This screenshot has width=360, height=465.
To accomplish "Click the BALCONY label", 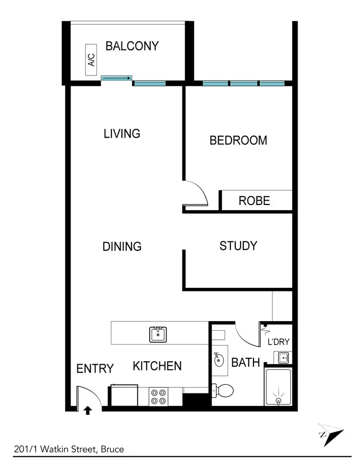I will (x=132, y=46).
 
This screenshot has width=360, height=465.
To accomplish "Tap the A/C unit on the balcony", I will (x=92, y=60).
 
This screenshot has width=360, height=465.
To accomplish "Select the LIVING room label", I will (x=122, y=133).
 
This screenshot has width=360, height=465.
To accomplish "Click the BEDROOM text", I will (x=238, y=140).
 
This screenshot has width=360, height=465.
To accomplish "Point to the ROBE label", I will (x=254, y=201).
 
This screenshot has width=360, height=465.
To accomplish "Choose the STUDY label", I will (x=238, y=246).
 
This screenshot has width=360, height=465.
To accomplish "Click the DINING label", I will (x=122, y=246).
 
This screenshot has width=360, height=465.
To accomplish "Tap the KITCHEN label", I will (x=157, y=366).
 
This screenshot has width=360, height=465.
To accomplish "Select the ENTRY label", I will (x=95, y=369).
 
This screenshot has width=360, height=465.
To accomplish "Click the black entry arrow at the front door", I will (x=88, y=410).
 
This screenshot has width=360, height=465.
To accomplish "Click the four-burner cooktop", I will (x=158, y=396).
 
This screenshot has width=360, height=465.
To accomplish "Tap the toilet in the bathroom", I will (x=223, y=391).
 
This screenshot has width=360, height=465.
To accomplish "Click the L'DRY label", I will (x=278, y=342).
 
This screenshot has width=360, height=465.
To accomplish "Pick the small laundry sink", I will (x=281, y=358).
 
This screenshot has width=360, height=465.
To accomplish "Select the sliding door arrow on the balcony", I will (x=116, y=77).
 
